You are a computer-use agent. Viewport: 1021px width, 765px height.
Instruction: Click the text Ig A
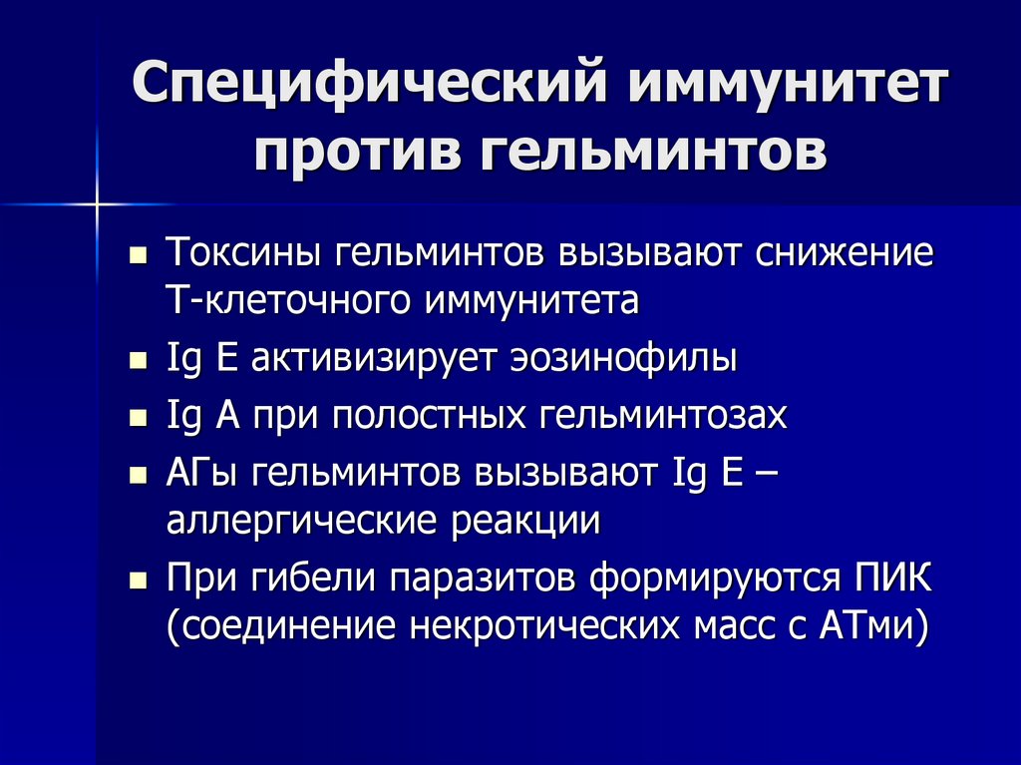pyautogui.click(x=198, y=416)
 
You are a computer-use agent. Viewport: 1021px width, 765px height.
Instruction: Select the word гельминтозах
pyautogui.click(x=663, y=416)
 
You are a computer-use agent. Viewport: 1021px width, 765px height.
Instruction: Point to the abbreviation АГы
pyautogui.click(x=202, y=473)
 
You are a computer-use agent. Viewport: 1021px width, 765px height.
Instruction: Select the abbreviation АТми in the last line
pyautogui.click(x=872, y=627)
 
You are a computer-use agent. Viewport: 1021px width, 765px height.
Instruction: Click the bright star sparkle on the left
pyautogui.click(x=98, y=204)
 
